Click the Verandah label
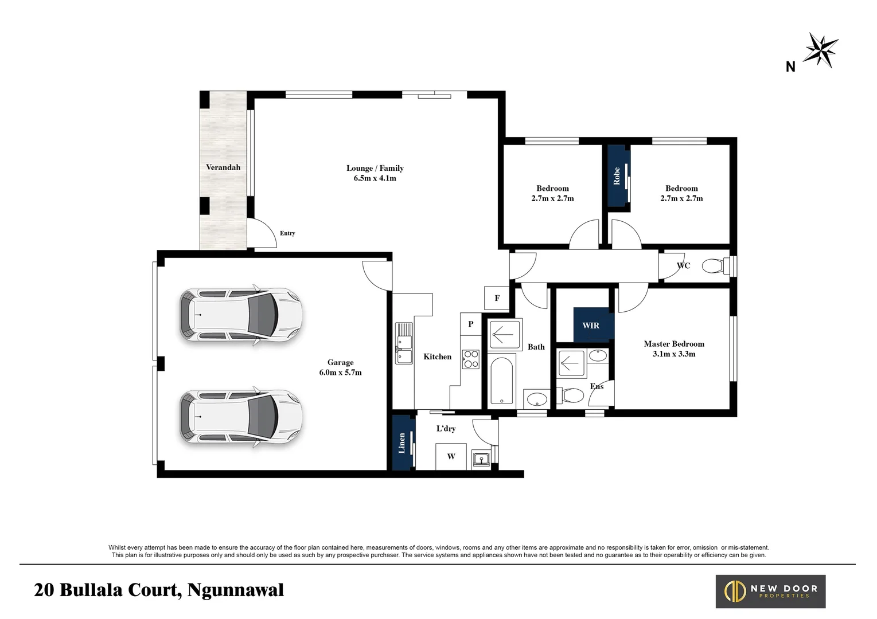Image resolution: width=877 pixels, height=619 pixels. coord(223,167)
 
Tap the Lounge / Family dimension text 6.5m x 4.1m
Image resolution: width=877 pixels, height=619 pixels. coord(375,178)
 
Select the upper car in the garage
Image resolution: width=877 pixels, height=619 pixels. coord(240,315)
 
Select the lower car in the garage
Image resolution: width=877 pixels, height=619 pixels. coord(240,417)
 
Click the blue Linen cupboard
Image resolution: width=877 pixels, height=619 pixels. coord(402,442)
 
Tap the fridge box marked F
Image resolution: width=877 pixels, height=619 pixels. coord(497,298)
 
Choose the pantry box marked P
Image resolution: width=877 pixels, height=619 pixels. coord(470,324)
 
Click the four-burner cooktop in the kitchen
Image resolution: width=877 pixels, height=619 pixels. coord(471,359)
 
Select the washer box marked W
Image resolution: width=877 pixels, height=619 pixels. coord(451,457)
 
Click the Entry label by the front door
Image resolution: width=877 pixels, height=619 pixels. coord(287,233)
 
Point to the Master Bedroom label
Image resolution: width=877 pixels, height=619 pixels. coord(673,344)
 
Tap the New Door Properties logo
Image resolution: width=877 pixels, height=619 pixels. coord(770,591)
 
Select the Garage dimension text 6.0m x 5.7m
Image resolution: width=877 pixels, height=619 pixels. coord(340,373)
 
